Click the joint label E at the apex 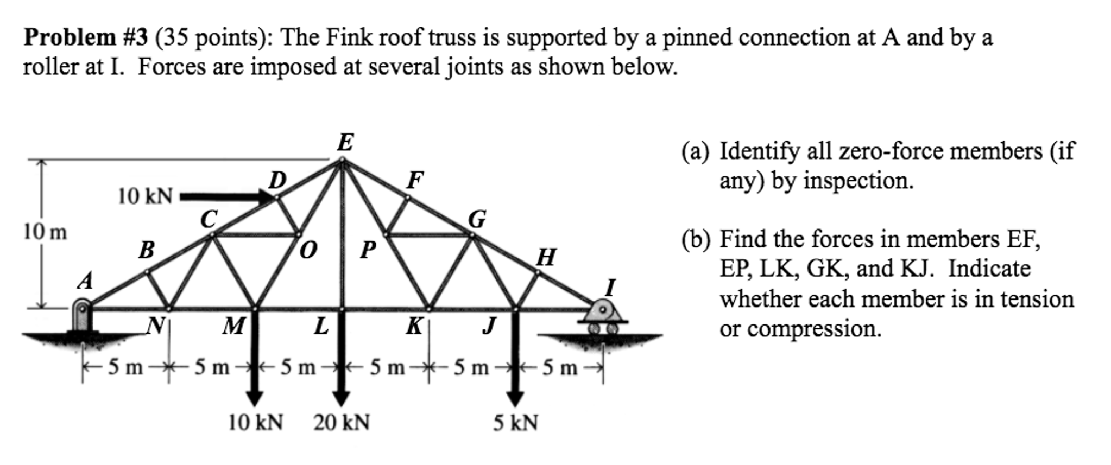345,143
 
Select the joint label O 308,250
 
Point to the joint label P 368,250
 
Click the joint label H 546,257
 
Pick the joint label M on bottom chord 233,326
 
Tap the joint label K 415,326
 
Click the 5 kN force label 515,423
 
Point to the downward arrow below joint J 515,358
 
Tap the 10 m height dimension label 45,232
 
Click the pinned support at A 83,317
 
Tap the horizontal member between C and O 255,235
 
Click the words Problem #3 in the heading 85,37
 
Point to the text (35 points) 214,37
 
